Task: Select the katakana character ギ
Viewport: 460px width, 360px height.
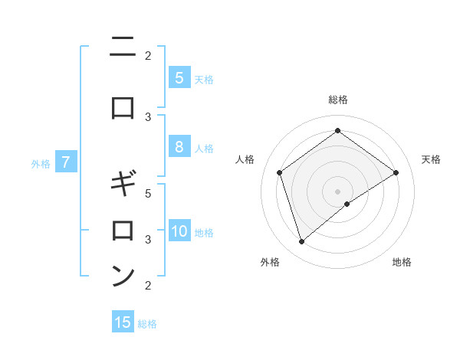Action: (x=123, y=185)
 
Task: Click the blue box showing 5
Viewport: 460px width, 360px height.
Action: (x=179, y=77)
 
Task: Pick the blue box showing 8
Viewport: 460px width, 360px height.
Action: (x=179, y=147)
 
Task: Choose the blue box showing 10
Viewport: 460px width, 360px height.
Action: (x=179, y=232)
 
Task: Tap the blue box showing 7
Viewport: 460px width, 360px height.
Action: (x=66, y=162)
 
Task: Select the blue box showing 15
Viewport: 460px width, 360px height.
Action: (x=123, y=322)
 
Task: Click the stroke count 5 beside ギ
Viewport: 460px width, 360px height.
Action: (x=148, y=193)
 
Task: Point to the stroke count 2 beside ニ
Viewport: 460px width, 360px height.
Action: (x=148, y=55)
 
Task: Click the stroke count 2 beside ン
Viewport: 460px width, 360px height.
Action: (x=148, y=286)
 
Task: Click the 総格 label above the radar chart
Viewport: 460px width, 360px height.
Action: (x=337, y=100)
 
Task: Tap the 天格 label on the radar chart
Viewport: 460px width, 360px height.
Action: (x=431, y=159)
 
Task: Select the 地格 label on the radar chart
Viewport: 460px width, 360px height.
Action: (x=402, y=262)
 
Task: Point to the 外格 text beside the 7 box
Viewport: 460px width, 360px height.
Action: (x=40, y=163)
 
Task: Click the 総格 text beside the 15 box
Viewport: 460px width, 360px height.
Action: (x=147, y=323)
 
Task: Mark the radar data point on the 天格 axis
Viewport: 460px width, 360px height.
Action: (x=396, y=172)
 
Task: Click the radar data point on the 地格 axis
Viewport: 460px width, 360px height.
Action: (x=347, y=204)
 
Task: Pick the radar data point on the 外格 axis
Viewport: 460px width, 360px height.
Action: (x=301, y=242)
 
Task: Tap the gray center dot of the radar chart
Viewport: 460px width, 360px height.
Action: (x=337, y=191)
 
